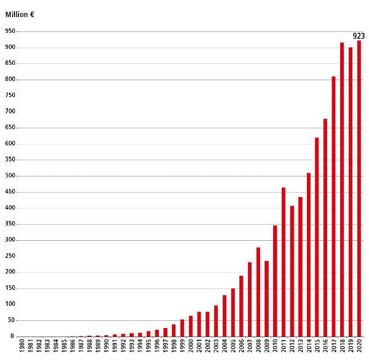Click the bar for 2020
[359, 189]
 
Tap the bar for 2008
[258, 292]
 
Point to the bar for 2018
[342, 189]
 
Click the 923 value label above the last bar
[359, 36]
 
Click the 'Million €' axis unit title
[20, 14]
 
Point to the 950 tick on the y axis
[10, 31]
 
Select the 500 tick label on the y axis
[10, 176]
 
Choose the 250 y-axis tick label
[10, 256]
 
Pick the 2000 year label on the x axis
[191, 348]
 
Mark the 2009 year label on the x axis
[266, 348]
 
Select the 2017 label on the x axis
[334, 348]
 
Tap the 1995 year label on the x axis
[149, 348]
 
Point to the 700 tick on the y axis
[10, 112]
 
